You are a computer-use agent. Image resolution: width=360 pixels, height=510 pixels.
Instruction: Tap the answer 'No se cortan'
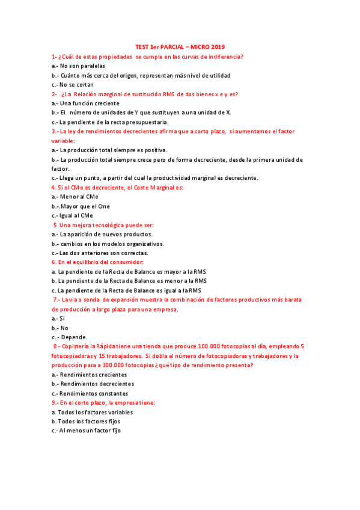[78, 84]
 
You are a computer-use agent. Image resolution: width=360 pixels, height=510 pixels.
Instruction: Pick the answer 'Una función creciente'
[90, 103]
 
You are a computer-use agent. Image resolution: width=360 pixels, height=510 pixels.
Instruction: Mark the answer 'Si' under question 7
[61, 318]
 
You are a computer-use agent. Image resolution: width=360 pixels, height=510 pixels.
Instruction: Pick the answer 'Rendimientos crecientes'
[93, 374]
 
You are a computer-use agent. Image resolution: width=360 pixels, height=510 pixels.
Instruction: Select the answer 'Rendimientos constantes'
[93, 393]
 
